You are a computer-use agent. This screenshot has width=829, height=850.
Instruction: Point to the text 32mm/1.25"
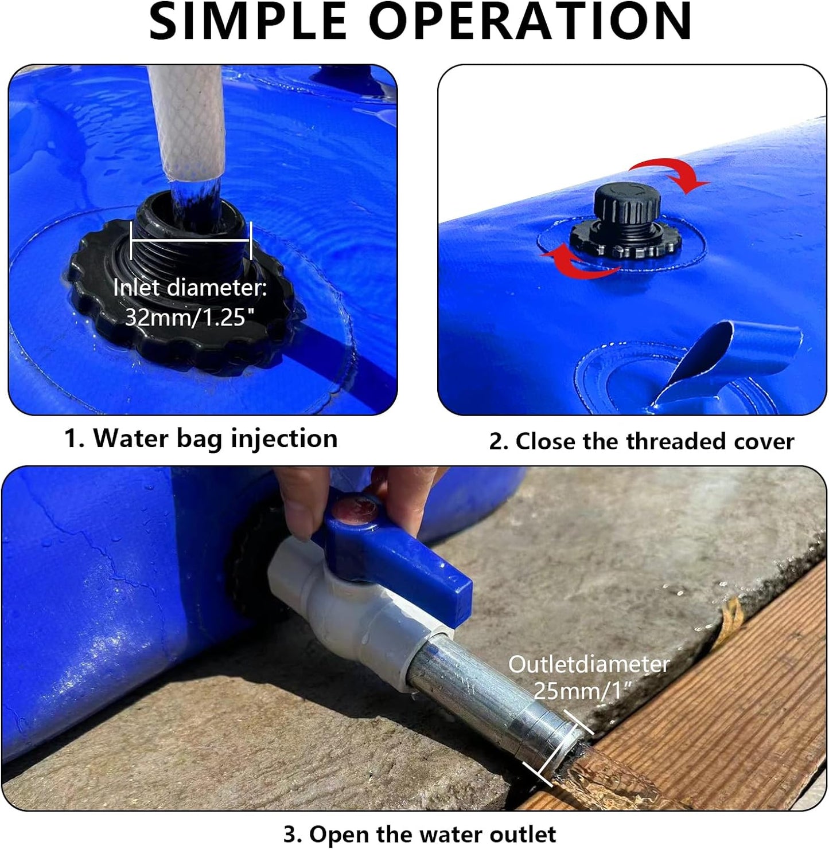[189, 317]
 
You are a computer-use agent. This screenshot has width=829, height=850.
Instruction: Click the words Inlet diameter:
[190, 287]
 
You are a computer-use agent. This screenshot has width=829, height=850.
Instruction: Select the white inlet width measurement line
[191, 240]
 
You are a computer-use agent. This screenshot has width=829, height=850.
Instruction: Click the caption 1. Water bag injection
[201, 439]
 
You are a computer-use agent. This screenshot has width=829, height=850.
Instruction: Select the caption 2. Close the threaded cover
[641, 441]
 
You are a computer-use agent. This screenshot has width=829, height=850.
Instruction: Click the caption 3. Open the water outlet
[420, 834]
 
